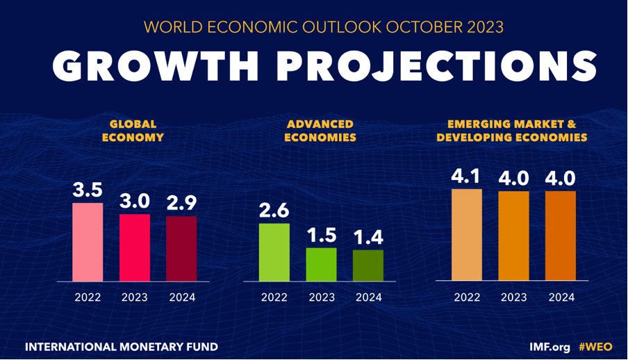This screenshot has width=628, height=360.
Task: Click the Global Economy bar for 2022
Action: [88, 242]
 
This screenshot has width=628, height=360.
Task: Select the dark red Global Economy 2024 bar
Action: [181, 248]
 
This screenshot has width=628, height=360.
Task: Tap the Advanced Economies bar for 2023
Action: [321, 264]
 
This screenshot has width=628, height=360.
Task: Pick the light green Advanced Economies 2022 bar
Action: [274, 252]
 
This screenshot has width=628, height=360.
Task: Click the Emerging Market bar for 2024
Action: [561, 236]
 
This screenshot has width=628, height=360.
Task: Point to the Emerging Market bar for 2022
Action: [466, 234]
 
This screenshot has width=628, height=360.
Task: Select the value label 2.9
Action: [181, 204]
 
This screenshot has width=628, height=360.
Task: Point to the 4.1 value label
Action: [466, 177]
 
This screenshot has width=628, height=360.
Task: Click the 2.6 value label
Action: [274, 211]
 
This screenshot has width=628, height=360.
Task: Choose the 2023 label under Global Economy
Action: [135, 297]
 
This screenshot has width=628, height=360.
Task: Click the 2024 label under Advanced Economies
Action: [368, 297]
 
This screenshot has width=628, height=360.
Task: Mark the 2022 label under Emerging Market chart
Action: [466, 297]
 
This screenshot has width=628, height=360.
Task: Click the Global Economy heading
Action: [133, 131]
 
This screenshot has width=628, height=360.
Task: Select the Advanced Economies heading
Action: [320, 131]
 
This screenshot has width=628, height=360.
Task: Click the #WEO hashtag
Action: [596, 345]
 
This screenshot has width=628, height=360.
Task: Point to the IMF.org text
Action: [549, 345]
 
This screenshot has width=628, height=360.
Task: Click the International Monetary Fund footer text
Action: [121, 345]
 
